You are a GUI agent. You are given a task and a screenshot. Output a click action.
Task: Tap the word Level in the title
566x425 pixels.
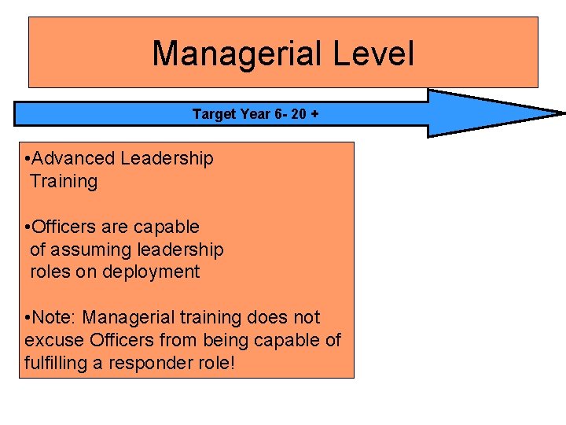coord(373,54)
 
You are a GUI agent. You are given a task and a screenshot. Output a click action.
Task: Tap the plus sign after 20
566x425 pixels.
coord(315,114)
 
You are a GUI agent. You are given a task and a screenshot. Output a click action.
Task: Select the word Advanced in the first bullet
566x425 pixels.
coord(73,158)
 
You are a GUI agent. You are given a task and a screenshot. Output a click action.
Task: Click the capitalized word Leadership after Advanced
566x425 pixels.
coord(167,158)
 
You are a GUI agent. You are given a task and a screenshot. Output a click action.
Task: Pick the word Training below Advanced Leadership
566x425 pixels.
coord(64,181)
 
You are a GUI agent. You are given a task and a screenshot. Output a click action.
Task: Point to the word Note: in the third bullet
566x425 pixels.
coord(56,318)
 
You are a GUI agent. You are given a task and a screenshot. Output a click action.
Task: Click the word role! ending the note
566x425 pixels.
coord(215,363)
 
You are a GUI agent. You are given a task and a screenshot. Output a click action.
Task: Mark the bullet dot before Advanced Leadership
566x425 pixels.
coord(28,159)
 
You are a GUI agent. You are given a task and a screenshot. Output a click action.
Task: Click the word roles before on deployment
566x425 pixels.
coord(50,272)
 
